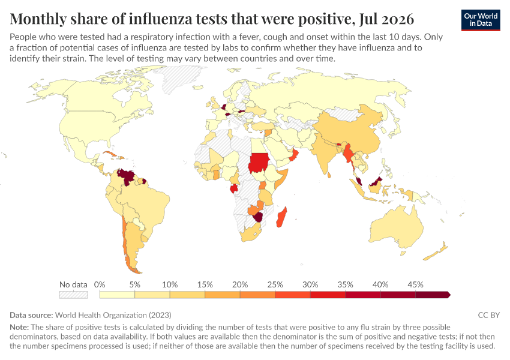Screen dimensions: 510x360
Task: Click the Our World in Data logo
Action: [481, 20]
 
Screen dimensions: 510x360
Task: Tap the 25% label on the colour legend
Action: [275, 285]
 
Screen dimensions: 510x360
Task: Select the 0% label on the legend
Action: [100, 285]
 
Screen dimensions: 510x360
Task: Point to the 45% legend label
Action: [415, 285]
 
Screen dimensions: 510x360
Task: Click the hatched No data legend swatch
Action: [74, 295]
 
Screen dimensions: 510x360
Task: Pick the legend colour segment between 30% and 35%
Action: [328, 295]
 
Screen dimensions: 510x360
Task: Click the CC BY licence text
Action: [489, 315]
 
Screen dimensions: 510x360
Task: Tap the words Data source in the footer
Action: [31, 315]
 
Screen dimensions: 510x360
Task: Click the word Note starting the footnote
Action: [19, 327]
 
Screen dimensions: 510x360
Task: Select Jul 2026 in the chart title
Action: [387, 19]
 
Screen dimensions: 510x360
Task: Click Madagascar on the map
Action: [281, 217]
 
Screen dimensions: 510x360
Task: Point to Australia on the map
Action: [396, 227]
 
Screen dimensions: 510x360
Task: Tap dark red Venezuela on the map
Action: [126, 176]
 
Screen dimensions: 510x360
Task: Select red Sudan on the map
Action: [259, 163]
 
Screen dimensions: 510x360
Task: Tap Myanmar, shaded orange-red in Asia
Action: [349, 154]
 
